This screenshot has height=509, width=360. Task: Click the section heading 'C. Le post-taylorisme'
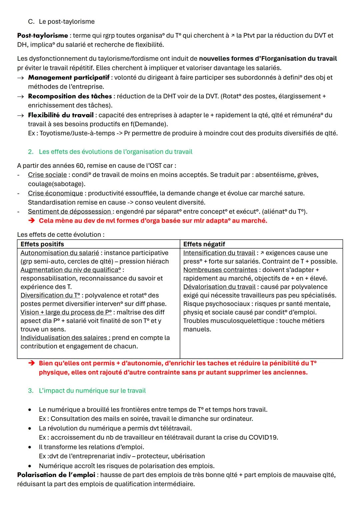tap(61, 22)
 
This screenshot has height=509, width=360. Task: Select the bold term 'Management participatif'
tap(69, 78)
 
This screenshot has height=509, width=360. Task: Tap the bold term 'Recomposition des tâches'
tap(70, 96)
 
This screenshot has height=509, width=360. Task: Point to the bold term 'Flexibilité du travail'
tap(61, 115)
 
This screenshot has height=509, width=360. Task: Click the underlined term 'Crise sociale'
tap(47, 175)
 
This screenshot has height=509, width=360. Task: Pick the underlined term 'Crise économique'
tap(55, 193)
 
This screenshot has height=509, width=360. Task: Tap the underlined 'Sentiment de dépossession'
tap(69, 212)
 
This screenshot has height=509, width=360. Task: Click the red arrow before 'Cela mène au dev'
tap(32, 221)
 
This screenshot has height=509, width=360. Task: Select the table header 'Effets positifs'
tap(42, 244)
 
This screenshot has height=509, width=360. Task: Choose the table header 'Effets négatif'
tap(204, 244)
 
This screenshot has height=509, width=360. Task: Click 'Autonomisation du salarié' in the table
tap(60, 253)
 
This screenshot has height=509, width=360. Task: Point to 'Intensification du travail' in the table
tap(219, 253)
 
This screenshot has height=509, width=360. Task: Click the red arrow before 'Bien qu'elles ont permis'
tap(32, 363)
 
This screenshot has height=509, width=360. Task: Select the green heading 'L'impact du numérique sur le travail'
tap(92, 391)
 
